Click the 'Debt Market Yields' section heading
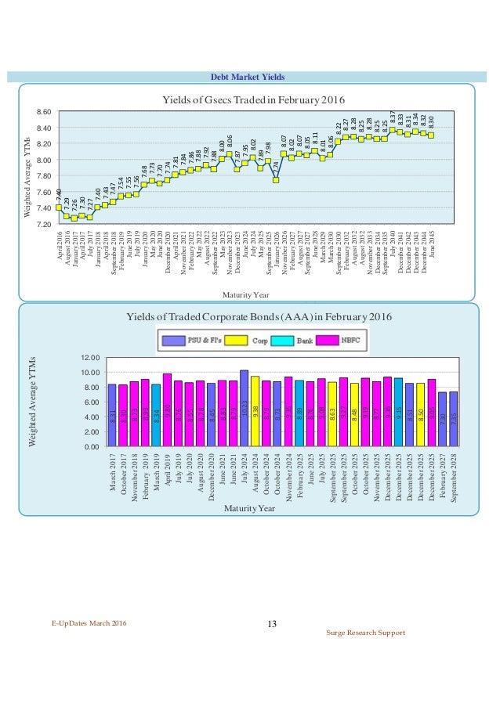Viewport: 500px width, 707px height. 248,76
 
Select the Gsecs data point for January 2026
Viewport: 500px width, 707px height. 276,180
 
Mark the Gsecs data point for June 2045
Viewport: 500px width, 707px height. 431,135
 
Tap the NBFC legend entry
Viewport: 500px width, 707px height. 345,341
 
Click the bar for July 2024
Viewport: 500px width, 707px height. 245,408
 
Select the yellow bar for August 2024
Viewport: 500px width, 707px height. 255,411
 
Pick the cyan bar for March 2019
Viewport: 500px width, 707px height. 156,415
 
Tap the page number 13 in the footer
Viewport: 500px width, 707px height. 272,623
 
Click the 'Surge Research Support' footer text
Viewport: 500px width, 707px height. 367,632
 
